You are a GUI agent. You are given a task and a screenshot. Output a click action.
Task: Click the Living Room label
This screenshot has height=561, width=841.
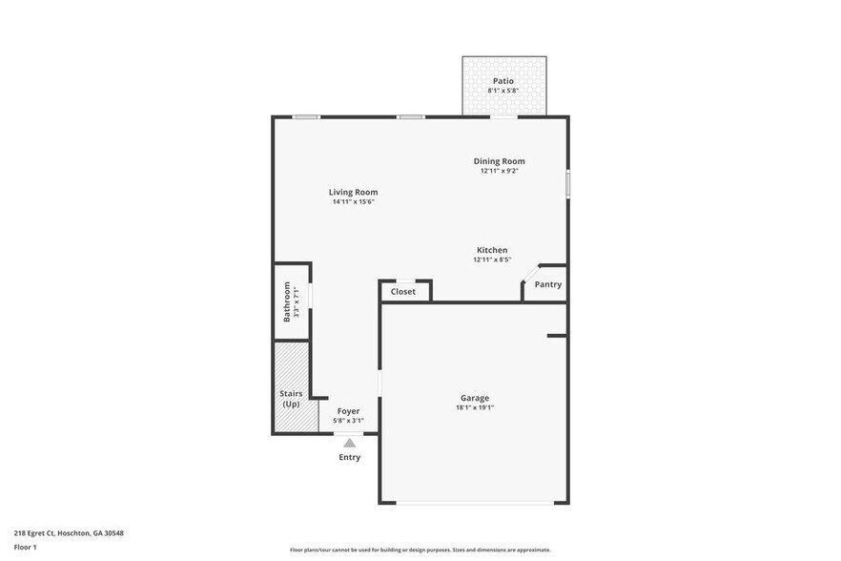click(353, 192)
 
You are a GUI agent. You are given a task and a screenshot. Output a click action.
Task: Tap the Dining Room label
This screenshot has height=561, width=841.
click(500, 161)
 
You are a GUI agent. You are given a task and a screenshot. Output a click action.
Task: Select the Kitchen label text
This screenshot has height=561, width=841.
click(492, 250)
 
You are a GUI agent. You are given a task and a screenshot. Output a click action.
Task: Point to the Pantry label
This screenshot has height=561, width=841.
click(547, 284)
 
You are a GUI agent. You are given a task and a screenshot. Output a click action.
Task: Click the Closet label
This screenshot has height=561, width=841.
click(403, 291)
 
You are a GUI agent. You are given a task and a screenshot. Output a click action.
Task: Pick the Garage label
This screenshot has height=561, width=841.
click(474, 398)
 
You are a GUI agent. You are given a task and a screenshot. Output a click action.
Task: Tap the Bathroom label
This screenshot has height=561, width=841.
click(286, 301)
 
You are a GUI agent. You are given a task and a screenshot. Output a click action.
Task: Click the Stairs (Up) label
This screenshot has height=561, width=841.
click(290, 398)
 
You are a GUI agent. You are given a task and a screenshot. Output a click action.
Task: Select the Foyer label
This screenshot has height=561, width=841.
click(348, 411)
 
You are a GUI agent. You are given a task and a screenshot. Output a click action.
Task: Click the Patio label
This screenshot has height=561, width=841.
click(503, 81)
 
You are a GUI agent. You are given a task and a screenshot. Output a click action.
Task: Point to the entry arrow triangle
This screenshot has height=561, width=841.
click(350, 443)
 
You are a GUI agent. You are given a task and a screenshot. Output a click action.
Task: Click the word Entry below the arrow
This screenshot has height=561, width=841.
click(350, 457)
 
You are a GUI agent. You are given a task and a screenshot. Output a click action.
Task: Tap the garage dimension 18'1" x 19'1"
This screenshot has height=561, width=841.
click(474, 408)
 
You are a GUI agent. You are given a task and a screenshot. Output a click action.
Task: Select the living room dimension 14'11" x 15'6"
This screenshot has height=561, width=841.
click(353, 202)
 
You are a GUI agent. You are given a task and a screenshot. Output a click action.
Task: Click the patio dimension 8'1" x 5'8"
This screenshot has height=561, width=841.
click(503, 91)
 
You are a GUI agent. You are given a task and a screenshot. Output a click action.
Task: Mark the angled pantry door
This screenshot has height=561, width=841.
click(529, 273)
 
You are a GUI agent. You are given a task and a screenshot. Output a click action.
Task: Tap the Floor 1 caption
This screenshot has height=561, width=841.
click(25, 547)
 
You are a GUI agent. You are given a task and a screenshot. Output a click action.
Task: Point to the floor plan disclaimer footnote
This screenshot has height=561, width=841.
click(420, 550)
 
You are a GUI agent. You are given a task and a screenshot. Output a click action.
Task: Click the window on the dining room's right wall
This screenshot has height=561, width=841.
click(567, 183)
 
